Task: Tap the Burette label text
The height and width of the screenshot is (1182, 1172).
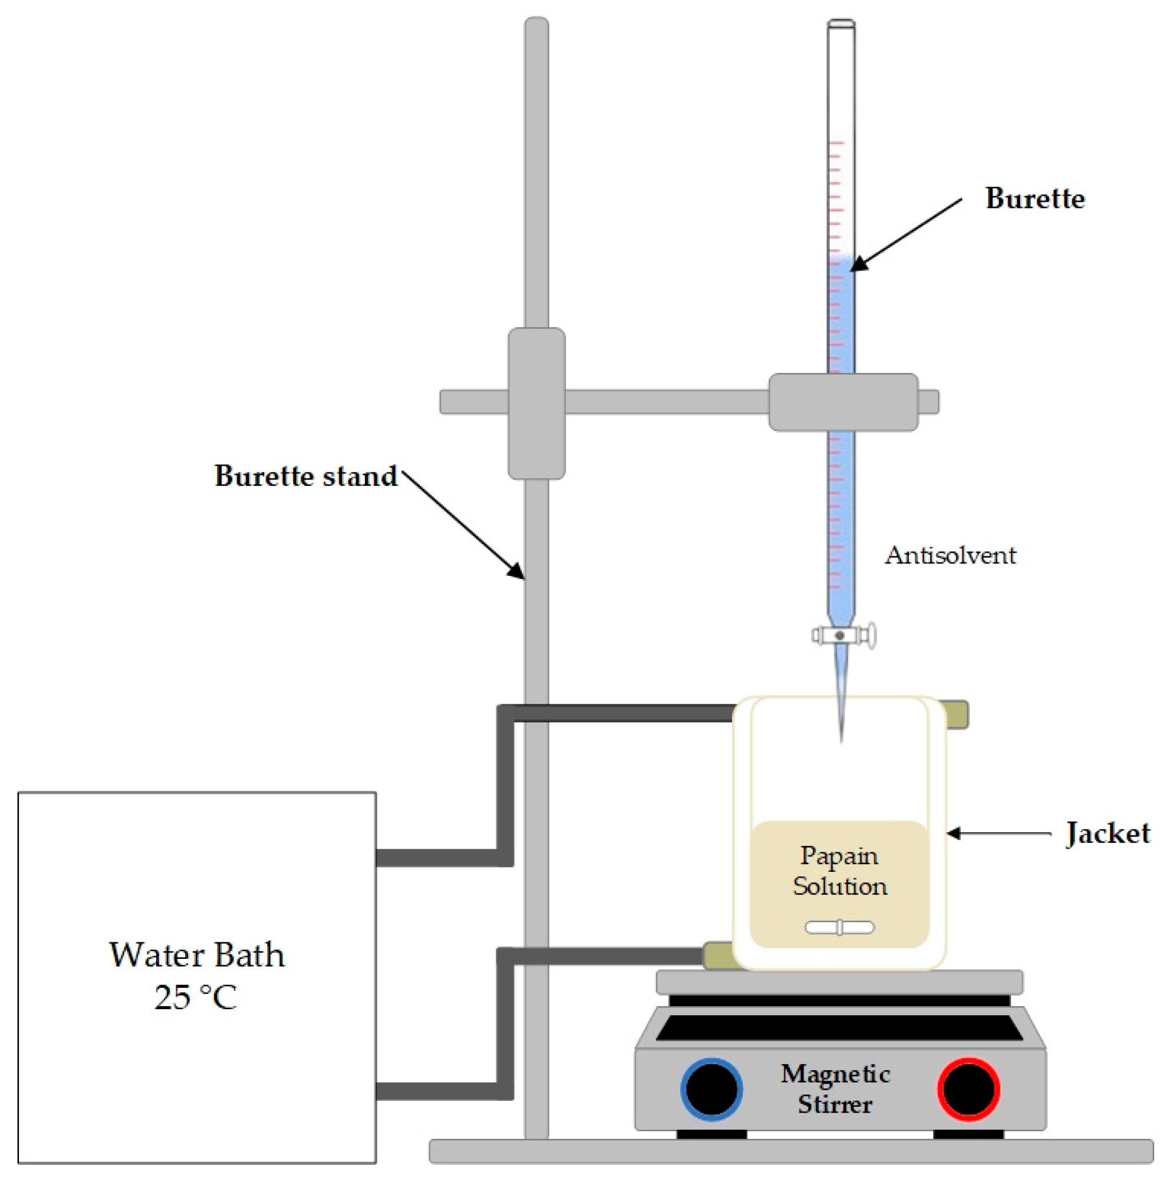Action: pos(1034,198)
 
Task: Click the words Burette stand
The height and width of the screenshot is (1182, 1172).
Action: pos(306,476)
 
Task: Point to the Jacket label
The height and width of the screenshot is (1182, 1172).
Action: pos(1107,833)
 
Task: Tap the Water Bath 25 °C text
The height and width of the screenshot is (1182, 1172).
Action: pos(196,975)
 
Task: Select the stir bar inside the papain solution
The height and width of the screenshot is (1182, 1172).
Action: pos(840,927)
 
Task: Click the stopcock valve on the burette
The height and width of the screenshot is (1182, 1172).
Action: pos(841,635)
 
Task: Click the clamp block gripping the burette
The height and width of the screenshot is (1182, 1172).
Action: pos(843,402)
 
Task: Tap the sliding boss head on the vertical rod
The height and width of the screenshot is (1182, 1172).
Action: pos(536,403)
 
